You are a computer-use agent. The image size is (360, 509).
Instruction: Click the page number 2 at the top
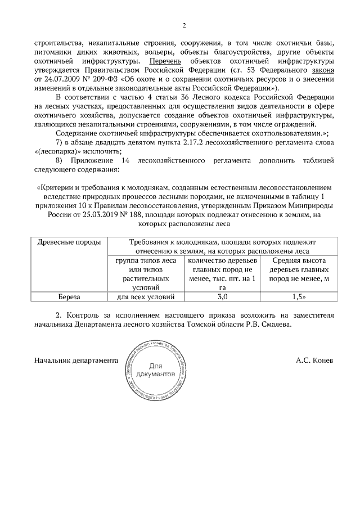point(183,25)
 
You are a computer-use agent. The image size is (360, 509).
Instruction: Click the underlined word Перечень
point(163,60)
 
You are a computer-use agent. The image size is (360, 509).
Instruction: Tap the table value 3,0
point(222,296)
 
